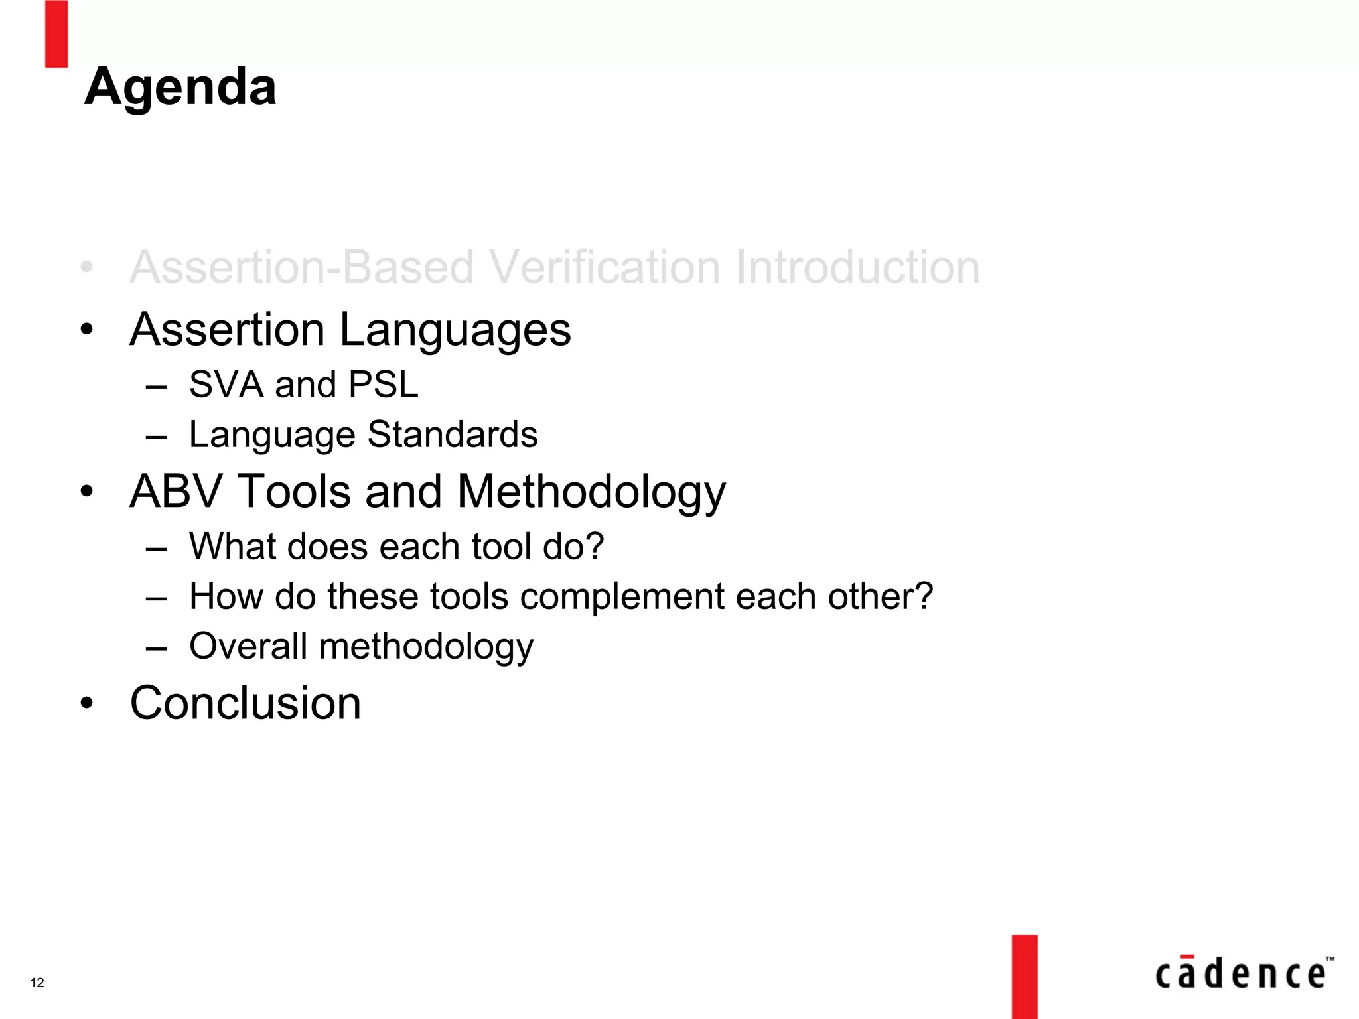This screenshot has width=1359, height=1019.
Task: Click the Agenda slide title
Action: pyautogui.click(x=180, y=87)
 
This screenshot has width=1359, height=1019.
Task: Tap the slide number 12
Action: pyautogui.click(x=37, y=983)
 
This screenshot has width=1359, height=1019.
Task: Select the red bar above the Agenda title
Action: pyautogui.click(x=56, y=34)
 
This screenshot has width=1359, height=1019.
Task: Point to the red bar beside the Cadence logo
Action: pyautogui.click(x=1024, y=977)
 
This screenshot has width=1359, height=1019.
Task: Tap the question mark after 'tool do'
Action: pyautogui.click(x=595, y=547)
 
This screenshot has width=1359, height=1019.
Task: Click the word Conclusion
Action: pyautogui.click(x=246, y=703)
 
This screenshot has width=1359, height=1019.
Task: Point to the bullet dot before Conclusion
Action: pyautogui.click(x=87, y=703)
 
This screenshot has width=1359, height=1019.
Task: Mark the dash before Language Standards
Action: pyautogui.click(x=157, y=437)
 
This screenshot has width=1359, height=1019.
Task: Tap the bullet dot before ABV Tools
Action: pyautogui.click(x=87, y=492)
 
